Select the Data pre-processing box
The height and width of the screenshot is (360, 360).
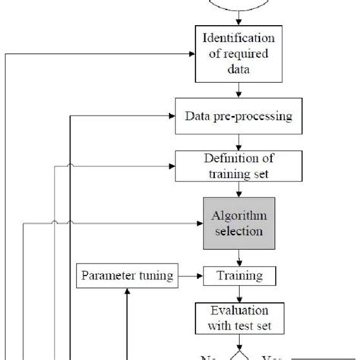(x=239, y=117)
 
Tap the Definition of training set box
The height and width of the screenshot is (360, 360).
(x=239, y=165)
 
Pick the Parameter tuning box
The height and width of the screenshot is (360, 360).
(x=128, y=273)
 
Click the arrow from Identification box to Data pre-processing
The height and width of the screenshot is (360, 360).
(x=239, y=90)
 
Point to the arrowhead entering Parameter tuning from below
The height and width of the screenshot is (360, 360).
(x=128, y=289)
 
